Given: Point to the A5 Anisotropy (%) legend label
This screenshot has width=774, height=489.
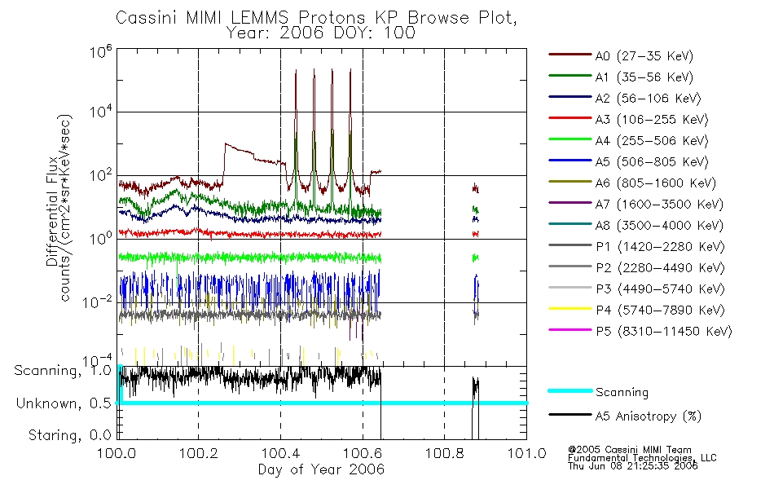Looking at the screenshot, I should tap(648, 416).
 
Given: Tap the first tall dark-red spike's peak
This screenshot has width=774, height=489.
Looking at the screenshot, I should tap(295, 71).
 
